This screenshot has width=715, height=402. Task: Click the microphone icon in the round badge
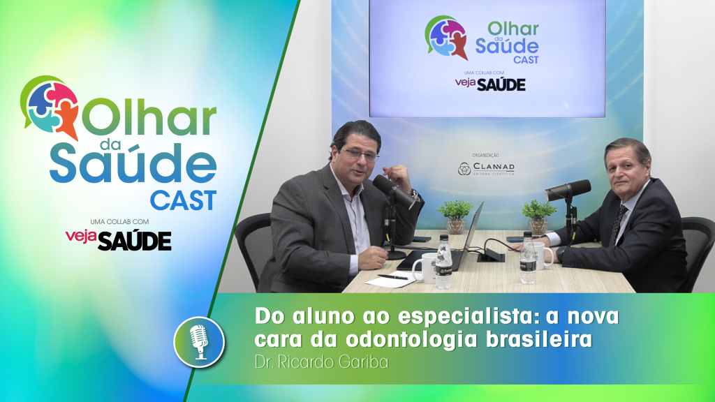pyautogui.click(x=199, y=341)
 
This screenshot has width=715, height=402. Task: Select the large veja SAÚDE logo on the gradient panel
pyautogui.click(x=118, y=239)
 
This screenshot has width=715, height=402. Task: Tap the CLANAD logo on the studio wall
pyautogui.click(x=486, y=169)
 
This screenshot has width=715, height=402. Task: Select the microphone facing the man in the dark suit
pyautogui.click(x=569, y=190)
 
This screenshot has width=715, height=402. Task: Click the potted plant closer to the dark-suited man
pyautogui.click(x=538, y=215)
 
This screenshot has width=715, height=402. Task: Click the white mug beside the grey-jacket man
pyautogui.click(x=424, y=267)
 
